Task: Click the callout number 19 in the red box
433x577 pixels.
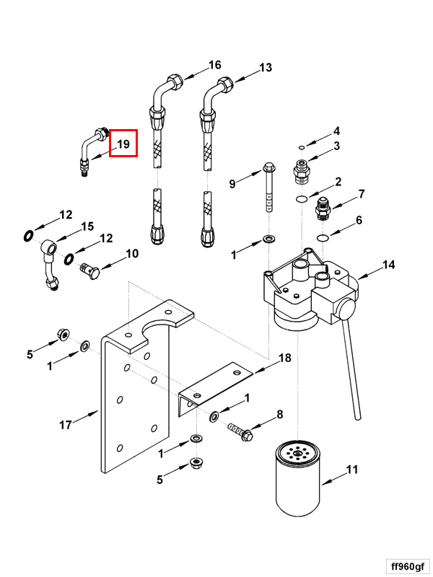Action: pos(123,144)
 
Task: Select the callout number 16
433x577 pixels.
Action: pos(214,65)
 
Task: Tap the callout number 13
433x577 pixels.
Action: pos(266,68)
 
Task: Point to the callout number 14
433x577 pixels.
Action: pos(388,265)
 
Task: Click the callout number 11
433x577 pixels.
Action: pos(352,470)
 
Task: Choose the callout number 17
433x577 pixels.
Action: pos(66,425)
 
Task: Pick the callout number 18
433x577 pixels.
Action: pos(285,358)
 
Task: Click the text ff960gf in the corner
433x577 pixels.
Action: pos(408,566)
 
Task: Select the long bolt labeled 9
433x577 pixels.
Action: pos(268,188)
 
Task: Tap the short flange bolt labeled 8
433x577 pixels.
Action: pos(241,432)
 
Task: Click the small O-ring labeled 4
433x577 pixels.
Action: pos(302,148)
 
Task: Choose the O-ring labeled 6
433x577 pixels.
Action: pos(323,238)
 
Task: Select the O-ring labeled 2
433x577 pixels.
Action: pos(302,199)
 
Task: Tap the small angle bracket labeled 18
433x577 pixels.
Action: pos(215,389)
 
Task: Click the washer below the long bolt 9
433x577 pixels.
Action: pos(268,240)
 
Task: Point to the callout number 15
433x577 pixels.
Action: pos(87,226)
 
